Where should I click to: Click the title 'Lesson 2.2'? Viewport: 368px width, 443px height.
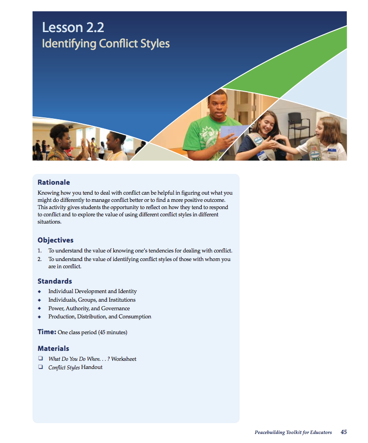click(73, 28)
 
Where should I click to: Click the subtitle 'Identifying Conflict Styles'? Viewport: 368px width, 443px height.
click(106, 44)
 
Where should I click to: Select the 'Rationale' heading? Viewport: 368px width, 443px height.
click(54, 182)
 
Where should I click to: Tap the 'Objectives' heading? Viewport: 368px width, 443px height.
click(56, 240)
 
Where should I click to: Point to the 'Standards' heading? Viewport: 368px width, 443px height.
click(55, 281)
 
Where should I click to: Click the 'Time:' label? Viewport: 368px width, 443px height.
click(47, 332)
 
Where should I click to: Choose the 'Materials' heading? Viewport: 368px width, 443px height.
click(53, 348)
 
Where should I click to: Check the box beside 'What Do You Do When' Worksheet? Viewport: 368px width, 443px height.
click(40, 359)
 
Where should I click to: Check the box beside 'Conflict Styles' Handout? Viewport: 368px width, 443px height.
click(40, 367)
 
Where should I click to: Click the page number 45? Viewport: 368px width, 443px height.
click(344, 432)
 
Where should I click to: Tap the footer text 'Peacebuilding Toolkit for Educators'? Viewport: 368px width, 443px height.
click(293, 433)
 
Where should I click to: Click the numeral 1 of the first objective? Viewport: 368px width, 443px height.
click(39, 251)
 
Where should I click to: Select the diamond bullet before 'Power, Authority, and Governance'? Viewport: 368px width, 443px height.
click(40, 308)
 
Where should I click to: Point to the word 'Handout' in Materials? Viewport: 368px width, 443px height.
click(92, 367)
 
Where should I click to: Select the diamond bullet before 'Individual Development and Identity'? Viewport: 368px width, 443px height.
click(40, 292)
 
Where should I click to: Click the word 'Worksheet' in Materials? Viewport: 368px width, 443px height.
click(124, 359)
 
